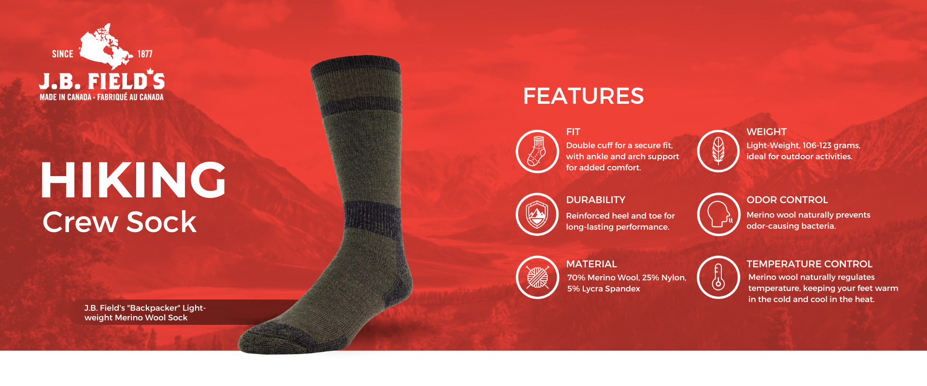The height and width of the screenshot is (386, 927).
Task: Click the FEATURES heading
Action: pyautogui.click(x=583, y=96)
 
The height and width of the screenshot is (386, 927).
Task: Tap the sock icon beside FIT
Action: pyautogui.click(x=537, y=151)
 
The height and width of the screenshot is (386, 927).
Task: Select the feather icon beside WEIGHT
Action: pyautogui.click(x=718, y=151)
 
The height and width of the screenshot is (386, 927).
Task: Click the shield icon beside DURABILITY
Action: pyautogui.click(x=537, y=214)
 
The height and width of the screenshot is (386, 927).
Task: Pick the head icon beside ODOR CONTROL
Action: pyautogui.click(x=718, y=214)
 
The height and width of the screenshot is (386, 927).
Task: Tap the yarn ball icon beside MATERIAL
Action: pyautogui.click(x=537, y=277)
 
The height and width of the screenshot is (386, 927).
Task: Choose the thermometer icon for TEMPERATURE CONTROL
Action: pyautogui.click(x=718, y=277)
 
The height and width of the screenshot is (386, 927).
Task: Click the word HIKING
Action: pyautogui.click(x=133, y=180)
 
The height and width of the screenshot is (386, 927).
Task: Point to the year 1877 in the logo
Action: pyautogui.click(x=145, y=54)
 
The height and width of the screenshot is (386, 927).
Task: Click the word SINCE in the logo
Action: pyautogui.click(x=63, y=54)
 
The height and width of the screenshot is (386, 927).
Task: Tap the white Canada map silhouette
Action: pyautogui.click(x=106, y=46)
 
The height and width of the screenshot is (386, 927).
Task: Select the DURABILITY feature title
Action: pyautogui.click(x=595, y=200)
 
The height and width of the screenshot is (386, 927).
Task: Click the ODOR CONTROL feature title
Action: pyautogui.click(x=787, y=200)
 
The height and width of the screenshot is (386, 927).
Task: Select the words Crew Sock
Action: pyautogui.click(x=119, y=222)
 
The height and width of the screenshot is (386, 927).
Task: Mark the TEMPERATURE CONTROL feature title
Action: pyautogui.click(x=809, y=264)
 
